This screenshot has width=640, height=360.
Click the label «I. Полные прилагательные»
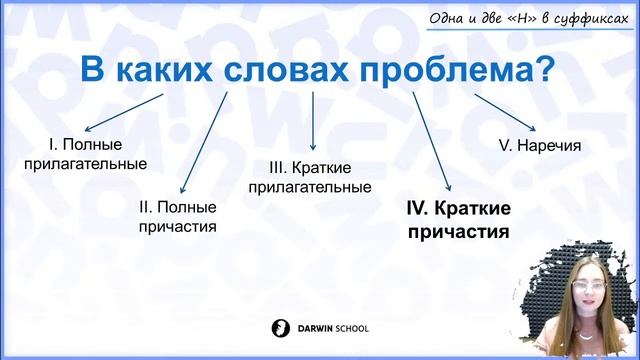pyautogui.click(x=84, y=153)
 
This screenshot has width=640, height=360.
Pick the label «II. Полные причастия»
pyautogui.click(x=177, y=216)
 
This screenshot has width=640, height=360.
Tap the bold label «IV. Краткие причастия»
pyautogui.click(x=455, y=219)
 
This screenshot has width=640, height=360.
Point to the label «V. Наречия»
pyautogui.click(x=539, y=145)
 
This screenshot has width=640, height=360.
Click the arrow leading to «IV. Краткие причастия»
pyautogui.click(x=433, y=141)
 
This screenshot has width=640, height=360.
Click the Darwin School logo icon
pyautogui.click(x=280, y=327)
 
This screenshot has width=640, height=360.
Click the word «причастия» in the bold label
pyautogui.click(x=455, y=230)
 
